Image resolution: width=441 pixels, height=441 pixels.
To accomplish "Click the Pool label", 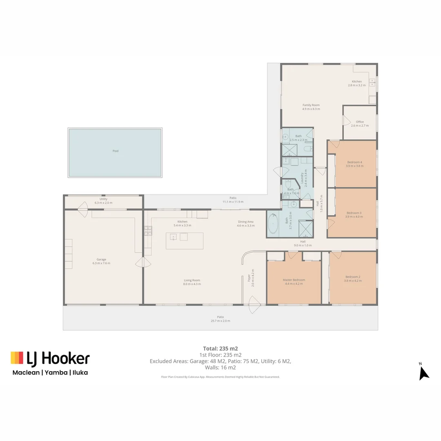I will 116,151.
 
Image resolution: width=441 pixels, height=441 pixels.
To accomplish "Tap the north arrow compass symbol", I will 423,372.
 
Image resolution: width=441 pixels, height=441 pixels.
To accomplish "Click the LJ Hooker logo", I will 50,358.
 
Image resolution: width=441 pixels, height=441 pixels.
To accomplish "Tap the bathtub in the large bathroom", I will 273,224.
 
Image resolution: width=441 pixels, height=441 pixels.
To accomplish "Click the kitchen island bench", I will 184,241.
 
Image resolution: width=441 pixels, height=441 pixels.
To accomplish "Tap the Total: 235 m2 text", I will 220,348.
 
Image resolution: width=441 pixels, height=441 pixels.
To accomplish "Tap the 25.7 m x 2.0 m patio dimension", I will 220,321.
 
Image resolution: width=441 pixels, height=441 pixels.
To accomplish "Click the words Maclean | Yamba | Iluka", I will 50,372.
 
